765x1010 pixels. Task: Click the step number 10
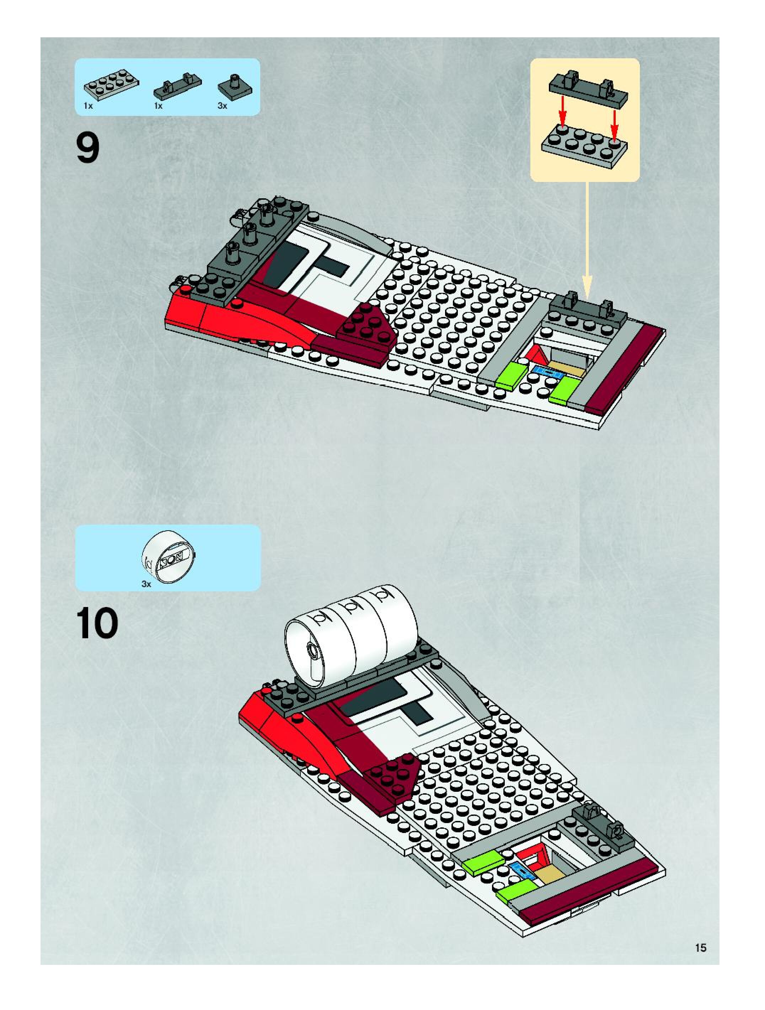pyautogui.click(x=97, y=624)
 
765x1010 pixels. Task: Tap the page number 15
pyautogui.click(x=700, y=947)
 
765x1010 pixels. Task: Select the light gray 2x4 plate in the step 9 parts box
pyautogui.click(x=111, y=84)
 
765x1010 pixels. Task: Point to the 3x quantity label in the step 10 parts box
pyautogui.click(x=146, y=584)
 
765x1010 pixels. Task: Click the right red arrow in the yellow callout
pyautogui.click(x=615, y=119)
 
